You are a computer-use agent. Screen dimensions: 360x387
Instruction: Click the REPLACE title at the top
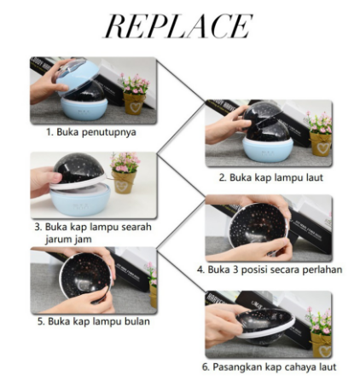177,26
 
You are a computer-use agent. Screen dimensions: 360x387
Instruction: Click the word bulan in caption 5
137,321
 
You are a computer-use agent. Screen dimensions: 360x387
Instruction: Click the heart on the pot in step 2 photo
322,147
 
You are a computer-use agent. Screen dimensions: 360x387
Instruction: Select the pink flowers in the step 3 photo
125,162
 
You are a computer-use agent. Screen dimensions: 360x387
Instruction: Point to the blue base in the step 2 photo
267,150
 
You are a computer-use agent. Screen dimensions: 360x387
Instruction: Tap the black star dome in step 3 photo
79,169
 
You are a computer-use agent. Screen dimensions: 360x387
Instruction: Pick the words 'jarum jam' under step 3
68,240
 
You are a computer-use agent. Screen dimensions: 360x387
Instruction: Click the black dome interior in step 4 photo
258,225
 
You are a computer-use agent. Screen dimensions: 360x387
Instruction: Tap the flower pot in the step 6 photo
322,344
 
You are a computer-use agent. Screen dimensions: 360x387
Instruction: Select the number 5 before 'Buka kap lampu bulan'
41,321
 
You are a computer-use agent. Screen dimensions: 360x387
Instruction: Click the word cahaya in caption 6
295,367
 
